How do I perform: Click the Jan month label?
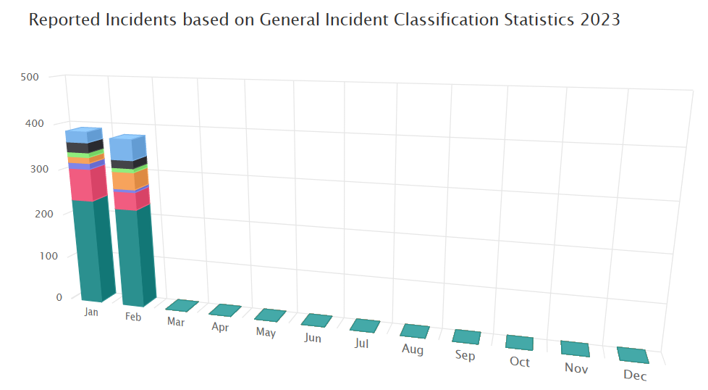click(x=91, y=312)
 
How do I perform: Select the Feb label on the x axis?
click(x=133, y=317)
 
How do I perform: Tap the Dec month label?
click(x=634, y=376)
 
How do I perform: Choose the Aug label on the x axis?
click(x=412, y=349)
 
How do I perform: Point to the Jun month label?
click(x=313, y=338)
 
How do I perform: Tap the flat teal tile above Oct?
click(x=520, y=343)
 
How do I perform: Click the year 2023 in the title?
click(x=600, y=20)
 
